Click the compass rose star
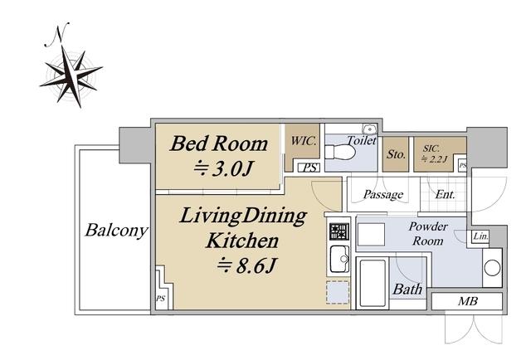click(x=72, y=75)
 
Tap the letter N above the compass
click(x=57, y=34)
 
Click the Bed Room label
click(x=219, y=144)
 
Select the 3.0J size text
click(x=223, y=168)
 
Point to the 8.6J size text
click(x=247, y=265)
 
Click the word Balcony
click(x=117, y=231)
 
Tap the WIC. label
click(x=304, y=141)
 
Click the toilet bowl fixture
click(x=340, y=152)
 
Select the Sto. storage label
click(x=396, y=154)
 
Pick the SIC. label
click(x=431, y=148)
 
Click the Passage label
click(x=383, y=195)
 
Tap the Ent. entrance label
click(x=445, y=194)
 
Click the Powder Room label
click(x=428, y=234)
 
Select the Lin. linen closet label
click(x=481, y=236)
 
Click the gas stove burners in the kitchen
click(x=339, y=231)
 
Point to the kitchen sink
click(x=339, y=259)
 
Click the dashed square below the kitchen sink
click(x=338, y=292)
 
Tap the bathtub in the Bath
click(x=373, y=283)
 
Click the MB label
click(x=468, y=301)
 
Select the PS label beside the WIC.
click(x=309, y=168)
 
